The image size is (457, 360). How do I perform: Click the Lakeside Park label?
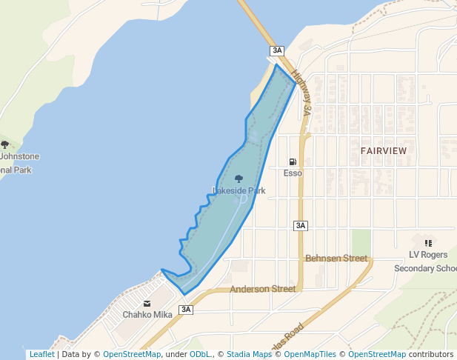pyautogui.click(x=238, y=190)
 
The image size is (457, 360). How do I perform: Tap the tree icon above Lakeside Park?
pyautogui.click(x=238, y=179)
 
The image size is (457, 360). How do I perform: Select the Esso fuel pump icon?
pyautogui.click(x=293, y=162)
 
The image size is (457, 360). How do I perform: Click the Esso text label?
pyautogui.click(x=293, y=173)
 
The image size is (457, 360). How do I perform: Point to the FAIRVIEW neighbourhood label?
pyautogui.click(x=384, y=150)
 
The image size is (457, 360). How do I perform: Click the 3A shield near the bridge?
pyautogui.click(x=277, y=50)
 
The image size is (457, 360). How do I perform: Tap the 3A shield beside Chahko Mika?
pyautogui.click(x=185, y=310)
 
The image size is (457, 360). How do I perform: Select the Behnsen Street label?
pyautogui.click(x=336, y=259)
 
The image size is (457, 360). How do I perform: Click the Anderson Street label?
pyautogui.click(x=262, y=289)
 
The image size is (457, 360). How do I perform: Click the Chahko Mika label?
pyautogui.click(x=147, y=314)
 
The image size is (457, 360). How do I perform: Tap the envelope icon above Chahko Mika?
pyautogui.click(x=147, y=303)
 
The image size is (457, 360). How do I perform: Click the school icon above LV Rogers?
pyautogui.click(x=428, y=242)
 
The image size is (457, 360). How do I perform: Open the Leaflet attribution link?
pyautogui.click(x=41, y=354)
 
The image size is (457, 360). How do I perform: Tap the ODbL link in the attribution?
pyautogui.click(x=199, y=354)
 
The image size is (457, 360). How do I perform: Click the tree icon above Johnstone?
pyautogui.click(x=5, y=145)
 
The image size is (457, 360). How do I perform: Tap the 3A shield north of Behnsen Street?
pyautogui.click(x=300, y=225)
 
